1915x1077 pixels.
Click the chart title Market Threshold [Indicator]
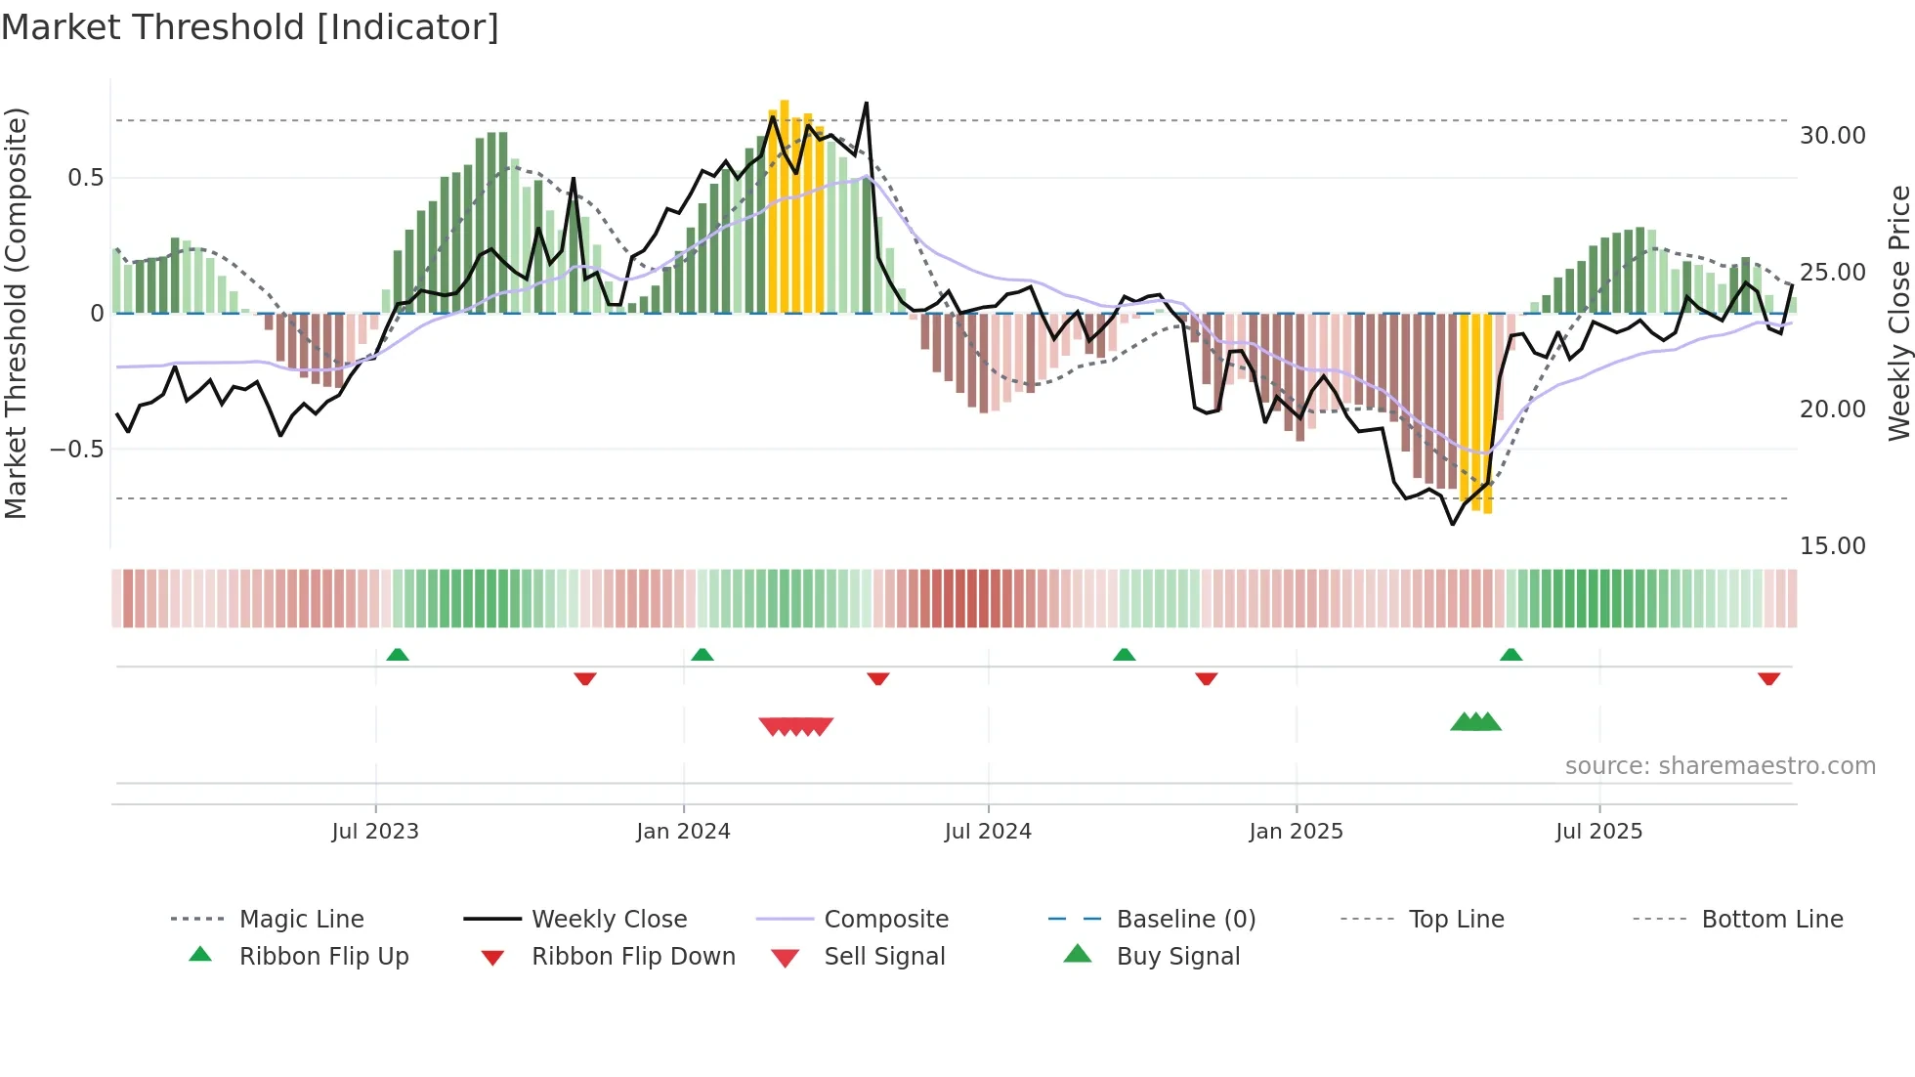pyautogui.click(x=250, y=27)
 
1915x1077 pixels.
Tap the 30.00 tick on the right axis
pyautogui.click(x=1832, y=136)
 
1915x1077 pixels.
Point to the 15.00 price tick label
pyautogui.click(x=1832, y=546)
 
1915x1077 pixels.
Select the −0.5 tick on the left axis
pyautogui.click(x=76, y=450)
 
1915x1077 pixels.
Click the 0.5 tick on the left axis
pyautogui.click(x=85, y=178)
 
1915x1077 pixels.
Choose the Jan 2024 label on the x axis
pyautogui.click(x=683, y=832)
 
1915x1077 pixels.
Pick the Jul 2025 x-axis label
pyautogui.click(x=1598, y=832)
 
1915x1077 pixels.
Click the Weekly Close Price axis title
pyautogui.click(x=1898, y=313)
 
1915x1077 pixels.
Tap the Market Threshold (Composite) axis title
pyautogui.click(x=16, y=313)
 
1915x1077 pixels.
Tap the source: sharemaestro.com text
pyautogui.click(x=1720, y=766)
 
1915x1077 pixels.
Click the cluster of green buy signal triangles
pyautogui.click(x=1475, y=723)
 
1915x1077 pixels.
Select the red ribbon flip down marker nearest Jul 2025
pyautogui.click(x=1768, y=678)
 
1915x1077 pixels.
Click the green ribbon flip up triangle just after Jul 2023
pyautogui.click(x=398, y=655)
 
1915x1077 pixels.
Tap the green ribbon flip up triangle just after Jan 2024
pyautogui.click(x=702, y=655)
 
